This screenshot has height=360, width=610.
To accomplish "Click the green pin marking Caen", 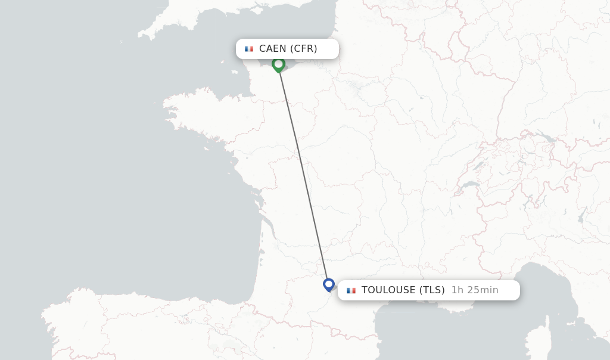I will (278, 64).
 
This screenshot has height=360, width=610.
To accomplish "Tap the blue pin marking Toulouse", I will (329, 284).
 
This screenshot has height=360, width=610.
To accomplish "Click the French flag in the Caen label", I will (249, 49).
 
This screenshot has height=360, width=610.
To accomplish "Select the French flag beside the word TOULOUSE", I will (351, 290).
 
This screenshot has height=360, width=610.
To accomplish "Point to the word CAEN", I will (273, 49).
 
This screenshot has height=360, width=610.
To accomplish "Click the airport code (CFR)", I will (304, 49).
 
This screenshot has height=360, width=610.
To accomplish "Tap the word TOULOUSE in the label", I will (388, 290).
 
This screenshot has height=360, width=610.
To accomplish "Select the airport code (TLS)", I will (432, 290).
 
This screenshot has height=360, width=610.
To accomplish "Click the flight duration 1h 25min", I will (475, 290).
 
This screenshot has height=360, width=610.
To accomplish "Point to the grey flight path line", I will (303, 173).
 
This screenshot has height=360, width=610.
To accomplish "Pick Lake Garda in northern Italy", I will (581, 214).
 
